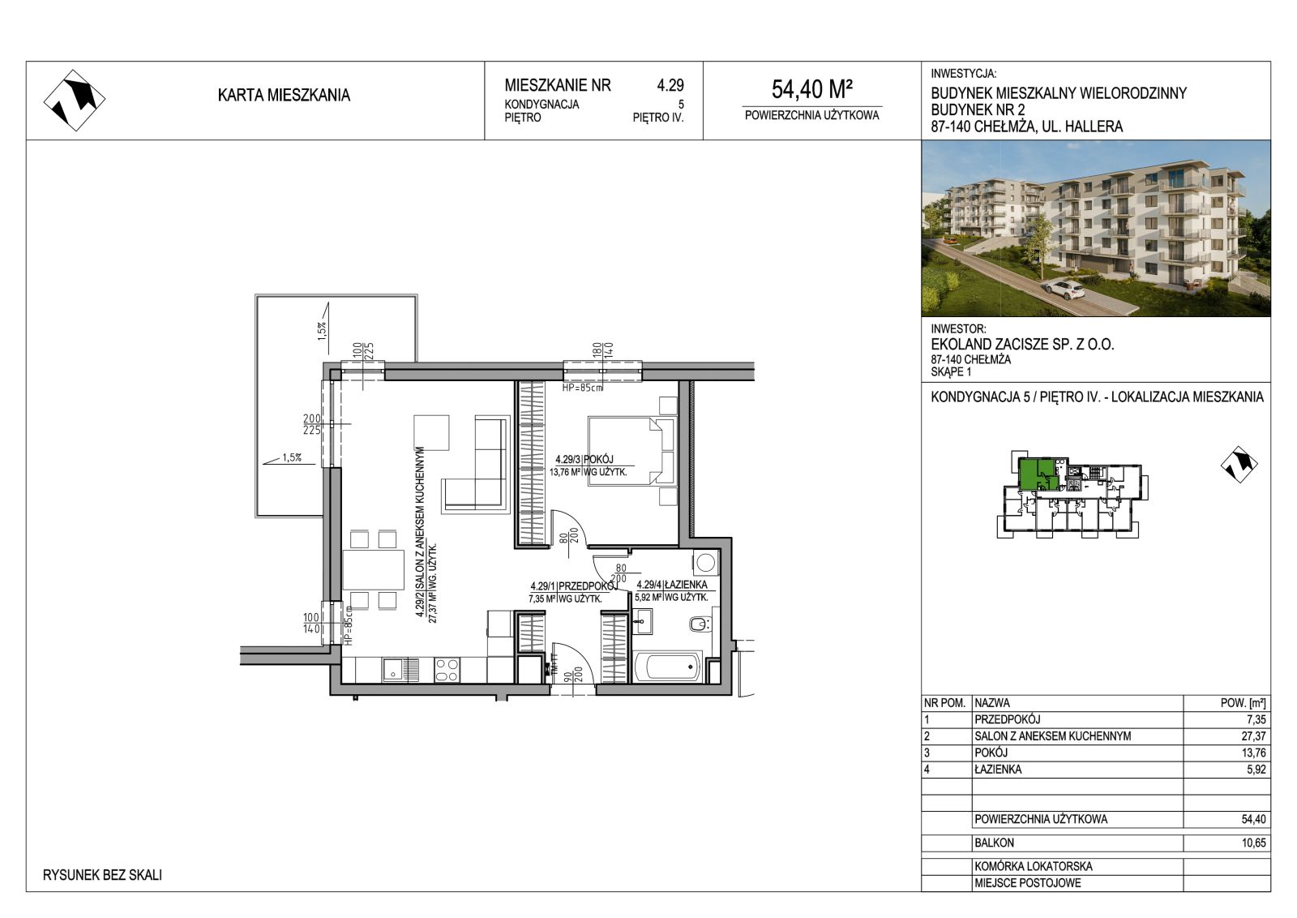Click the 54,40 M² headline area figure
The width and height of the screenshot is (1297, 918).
pyautogui.click(x=811, y=89)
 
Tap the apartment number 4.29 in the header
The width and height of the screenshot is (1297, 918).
pyautogui.click(x=670, y=85)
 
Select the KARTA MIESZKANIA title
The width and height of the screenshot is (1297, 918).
pyautogui.click(x=284, y=95)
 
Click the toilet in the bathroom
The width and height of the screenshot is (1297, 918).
pyautogui.click(x=700, y=624)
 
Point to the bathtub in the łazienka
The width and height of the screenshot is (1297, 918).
pyautogui.click(x=668, y=667)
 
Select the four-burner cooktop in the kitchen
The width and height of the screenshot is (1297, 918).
pyautogui.click(x=447, y=670)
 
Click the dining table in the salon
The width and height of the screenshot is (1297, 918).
pyautogui.click(x=373, y=570)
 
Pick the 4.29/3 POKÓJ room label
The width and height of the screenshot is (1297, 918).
pyautogui.click(x=584, y=459)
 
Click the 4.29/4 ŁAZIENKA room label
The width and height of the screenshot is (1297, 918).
pyautogui.click(x=672, y=585)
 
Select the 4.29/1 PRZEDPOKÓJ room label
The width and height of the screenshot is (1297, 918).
pyautogui.click(x=574, y=586)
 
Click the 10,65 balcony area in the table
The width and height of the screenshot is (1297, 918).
pyautogui.click(x=1253, y=843)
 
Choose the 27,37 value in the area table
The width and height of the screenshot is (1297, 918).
pyautogui.click(x=1254, y=736)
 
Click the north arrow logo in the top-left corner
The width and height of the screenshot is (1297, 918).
pyautogui.click(x=75, y=101)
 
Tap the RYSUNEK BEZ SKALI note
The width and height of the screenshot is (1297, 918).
pyautogui.click(x=102, y=875)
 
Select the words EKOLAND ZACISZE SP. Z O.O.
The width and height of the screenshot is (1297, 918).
pyautogui.click(x=1022, y=344)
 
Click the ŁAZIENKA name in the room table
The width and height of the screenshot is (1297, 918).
pyautogui.click(x=998, y=769)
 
